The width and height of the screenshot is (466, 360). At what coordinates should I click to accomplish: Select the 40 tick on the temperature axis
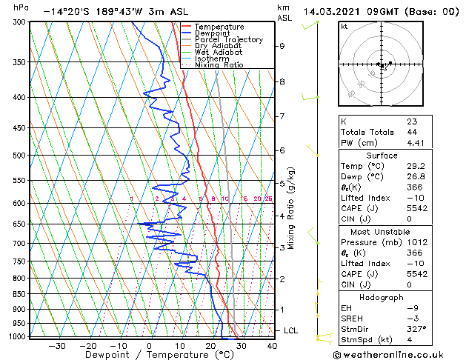coord(272,345)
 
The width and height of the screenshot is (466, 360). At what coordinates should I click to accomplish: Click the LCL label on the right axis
coord(292,330)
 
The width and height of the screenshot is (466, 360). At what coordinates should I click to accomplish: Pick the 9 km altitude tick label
coord(282,46)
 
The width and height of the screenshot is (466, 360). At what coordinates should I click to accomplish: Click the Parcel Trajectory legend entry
coord(229,40)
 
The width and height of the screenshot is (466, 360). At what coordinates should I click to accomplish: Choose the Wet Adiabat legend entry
coord(220,53)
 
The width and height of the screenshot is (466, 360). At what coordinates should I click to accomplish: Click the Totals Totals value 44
coord(412,131)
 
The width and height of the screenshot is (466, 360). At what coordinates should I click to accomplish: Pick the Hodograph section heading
coord(382,297)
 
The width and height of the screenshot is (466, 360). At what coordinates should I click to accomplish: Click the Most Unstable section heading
coord(382,232)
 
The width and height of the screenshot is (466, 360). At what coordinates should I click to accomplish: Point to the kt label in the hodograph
coord(344,27)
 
